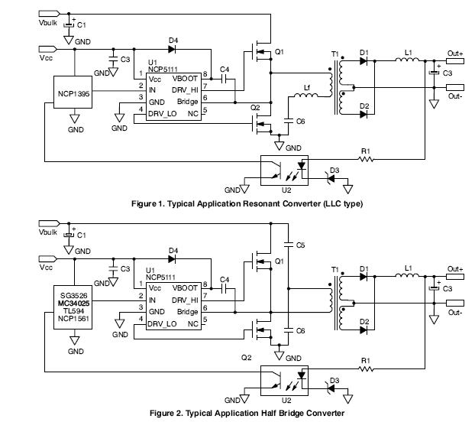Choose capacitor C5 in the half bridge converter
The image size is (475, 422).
289,245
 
